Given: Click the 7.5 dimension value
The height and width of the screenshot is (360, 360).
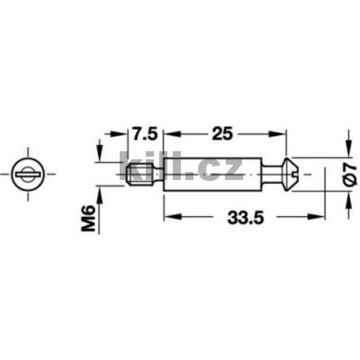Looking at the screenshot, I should (x=144, y=134).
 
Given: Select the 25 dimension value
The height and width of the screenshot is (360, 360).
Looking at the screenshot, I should (x=225, y=134).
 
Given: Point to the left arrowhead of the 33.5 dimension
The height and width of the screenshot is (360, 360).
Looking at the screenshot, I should (x=168, y=217).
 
